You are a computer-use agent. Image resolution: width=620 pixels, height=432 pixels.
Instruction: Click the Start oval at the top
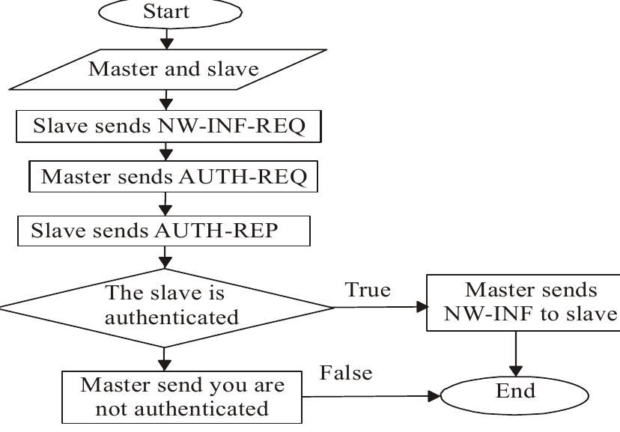pos(167,13)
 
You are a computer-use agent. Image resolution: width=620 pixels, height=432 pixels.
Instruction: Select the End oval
pos(515,393)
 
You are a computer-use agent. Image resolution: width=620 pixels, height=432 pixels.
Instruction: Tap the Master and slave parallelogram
pos(173,70)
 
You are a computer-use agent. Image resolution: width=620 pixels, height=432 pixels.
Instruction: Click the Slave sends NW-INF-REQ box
pos(168,127)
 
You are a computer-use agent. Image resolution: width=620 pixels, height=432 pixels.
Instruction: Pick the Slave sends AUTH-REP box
pos(163,231)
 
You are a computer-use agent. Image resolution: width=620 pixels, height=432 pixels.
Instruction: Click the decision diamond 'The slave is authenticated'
pos(166,306)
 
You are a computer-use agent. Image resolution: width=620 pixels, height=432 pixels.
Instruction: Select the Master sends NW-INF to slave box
pos(523,302)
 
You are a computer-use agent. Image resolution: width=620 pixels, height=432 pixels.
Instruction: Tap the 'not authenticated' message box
pos(183,397)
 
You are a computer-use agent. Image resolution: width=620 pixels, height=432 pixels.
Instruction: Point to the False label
pos(346,373)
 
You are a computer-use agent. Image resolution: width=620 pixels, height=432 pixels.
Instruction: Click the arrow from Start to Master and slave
pos(167,37)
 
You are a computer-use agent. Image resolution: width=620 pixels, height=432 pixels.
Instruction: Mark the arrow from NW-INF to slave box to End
pos(516,352)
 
